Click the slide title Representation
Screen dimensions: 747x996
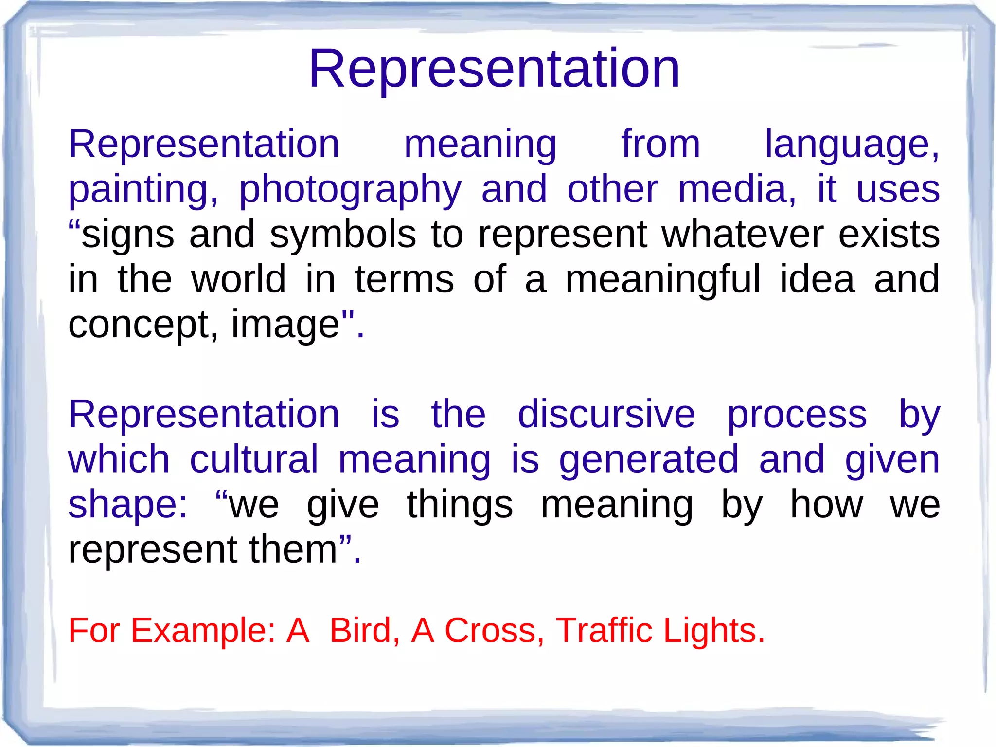494,69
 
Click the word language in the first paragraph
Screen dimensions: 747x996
851,146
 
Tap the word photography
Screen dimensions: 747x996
350,190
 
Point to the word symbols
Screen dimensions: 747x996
343,235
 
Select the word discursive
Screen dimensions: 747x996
606,415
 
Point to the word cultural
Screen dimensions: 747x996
254,459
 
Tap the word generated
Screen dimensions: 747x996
649,460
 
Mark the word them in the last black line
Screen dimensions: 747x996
294,549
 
